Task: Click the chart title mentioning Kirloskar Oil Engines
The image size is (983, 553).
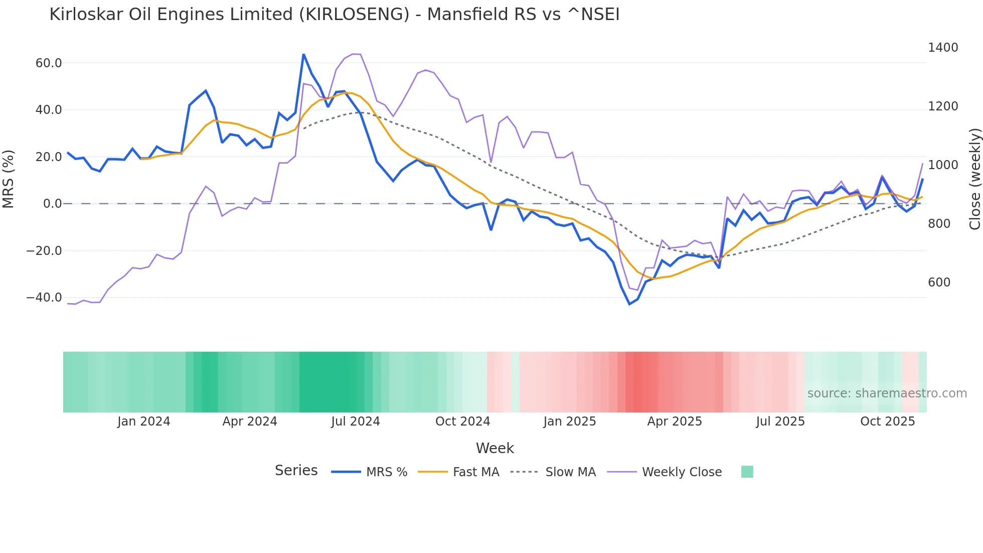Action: tap(334, 14)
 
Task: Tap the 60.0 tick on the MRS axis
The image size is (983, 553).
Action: tap(49, 63)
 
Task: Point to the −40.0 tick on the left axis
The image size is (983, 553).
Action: tap(44, 298)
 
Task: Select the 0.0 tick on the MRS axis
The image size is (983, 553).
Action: tap(52, 204)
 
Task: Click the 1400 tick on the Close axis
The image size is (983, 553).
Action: tap(943, 48)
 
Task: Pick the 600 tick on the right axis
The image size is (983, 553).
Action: tap(939, 283)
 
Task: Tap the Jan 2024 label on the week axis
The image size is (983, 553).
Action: tap(143, 422)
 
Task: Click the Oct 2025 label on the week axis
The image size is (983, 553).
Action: tap(887, 422)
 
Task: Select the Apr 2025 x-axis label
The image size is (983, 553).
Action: tap(674, 422)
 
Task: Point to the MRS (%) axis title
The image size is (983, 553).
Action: tap(9, 179)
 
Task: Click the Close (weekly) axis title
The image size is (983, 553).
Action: tap(974, 179)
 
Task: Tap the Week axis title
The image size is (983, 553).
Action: tap(495, 448)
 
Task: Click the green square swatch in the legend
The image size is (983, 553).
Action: tap(747, 472)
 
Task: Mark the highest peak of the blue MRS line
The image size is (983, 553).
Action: tap(303, 54)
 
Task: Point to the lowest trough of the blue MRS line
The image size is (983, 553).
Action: tap(629, 304)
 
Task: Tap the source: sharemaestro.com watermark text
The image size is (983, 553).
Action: tap(887, 393)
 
